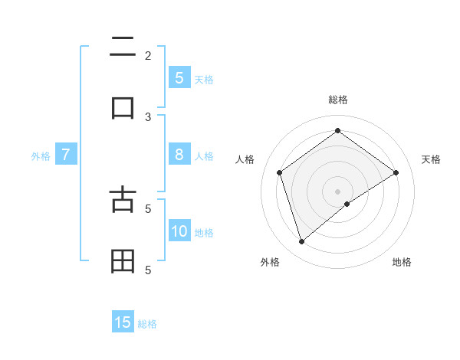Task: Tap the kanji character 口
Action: click(x=123, y=107)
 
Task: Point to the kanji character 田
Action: click(x=123, y=262)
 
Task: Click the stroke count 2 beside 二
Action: click(x=148, y=55)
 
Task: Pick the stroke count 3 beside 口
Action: click(x=148, y=116)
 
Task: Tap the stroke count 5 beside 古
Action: click(x=148, y=208)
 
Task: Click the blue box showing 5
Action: click(x=179, y=77)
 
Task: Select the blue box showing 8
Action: click(x=179, y=154)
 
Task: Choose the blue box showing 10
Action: click(x=179, y=231)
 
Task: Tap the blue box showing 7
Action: click(x=66, y=155)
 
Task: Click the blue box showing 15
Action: click(x=123, y=322)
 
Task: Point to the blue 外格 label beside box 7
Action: click(x=41, y=156)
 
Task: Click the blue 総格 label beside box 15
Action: click(x=147, y=324)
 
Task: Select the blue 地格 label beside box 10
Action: click(x=204, y=233)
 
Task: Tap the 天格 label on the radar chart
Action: click(x=431, y=159)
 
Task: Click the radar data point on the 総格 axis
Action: click(x=337, y=131)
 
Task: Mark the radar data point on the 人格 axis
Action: click(x=280, y=172)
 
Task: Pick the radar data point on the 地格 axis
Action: click(x=347, y=204)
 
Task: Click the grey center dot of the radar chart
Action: click(x=337, y=191)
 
